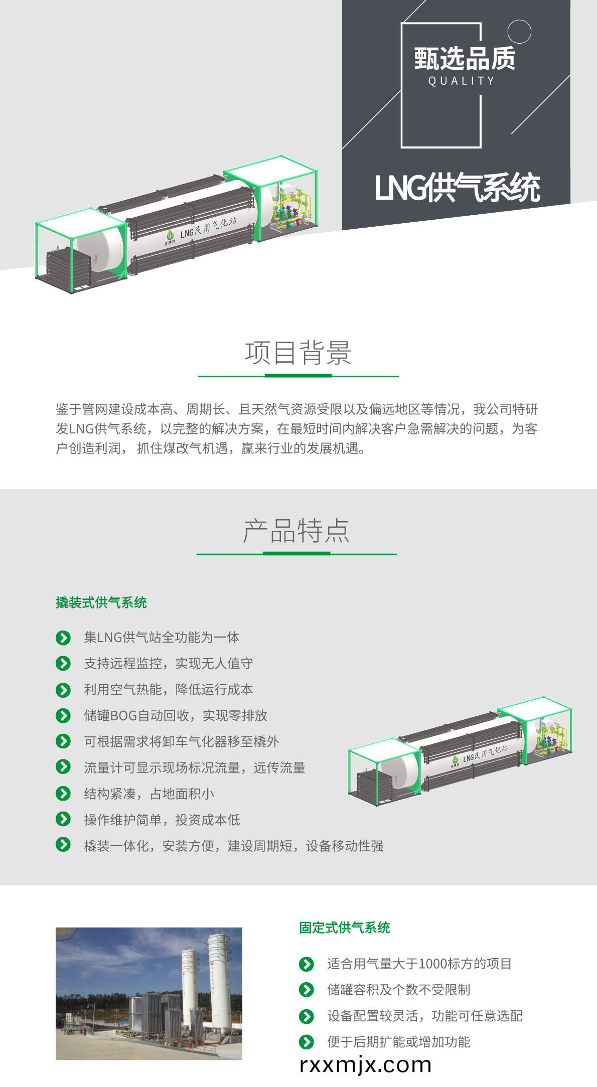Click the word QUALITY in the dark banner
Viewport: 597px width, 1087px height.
pyautogui.click(x=462, y=81)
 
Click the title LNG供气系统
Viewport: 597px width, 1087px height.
pyautogui.click(x=457, y=188)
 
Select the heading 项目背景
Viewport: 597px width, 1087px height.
pyautogui.click(x=298, y=353)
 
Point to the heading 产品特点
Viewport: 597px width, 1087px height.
pyautogui.click(x=296, y=531)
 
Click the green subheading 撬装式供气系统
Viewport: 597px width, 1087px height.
pyautogui.click(x=101, y=602)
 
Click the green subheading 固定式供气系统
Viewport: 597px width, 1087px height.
pyautogui.click(x=345, y=927)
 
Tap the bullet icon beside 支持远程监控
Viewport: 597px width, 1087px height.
pyautogui.click(x=63, y=664)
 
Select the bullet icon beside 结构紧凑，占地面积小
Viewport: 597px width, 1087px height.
pyautogui.click(x=63, y=794)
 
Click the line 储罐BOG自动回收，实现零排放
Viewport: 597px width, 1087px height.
pyautogui.click(x=176, y=715)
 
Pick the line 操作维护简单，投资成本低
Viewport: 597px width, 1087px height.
pyautogui.click(x=162, y=820)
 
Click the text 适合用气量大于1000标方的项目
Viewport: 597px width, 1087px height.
pyautogui.click(x=419, y=964)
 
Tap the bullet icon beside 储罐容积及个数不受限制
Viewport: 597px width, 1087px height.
pyautogui.click(x=307, y=990)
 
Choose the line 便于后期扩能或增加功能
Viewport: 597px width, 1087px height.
pyautogui.click(x=399, y=1042)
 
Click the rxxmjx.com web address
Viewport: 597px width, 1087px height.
pyautogui.click(x=365, y=1065)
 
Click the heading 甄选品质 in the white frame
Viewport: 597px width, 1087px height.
pyautogui.click(x=465, y=58)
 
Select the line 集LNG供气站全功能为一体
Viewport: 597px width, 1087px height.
pyautogui.click(x=162, y=637)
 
